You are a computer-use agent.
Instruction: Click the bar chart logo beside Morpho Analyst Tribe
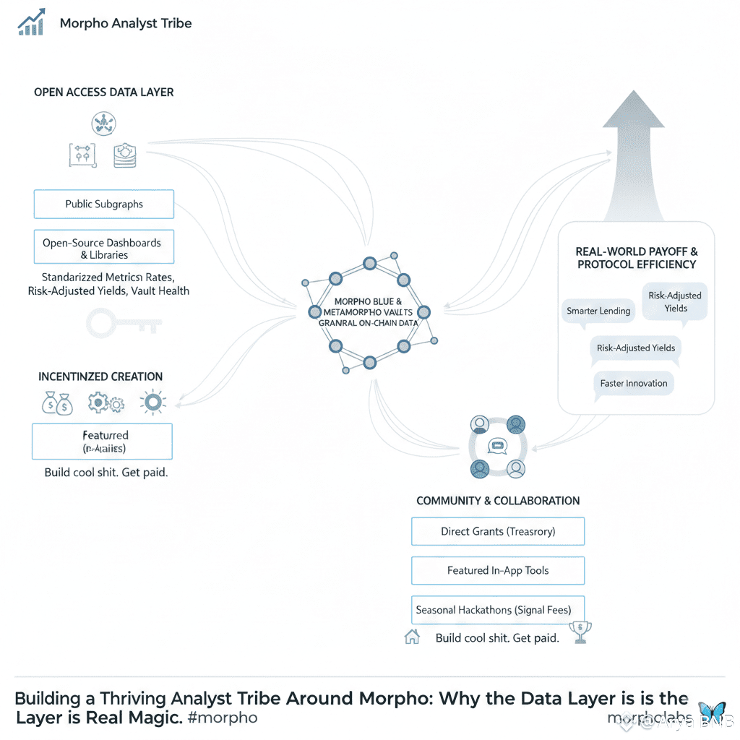coord(31,22)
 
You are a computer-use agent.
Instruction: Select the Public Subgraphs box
coord(104,205)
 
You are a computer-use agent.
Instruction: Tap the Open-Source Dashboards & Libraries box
coord(104,248)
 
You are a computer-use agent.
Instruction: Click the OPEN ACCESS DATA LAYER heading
coord(104,92)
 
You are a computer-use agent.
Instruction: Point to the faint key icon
coord(123,322)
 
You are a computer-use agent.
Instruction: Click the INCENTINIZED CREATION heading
coord(100,377)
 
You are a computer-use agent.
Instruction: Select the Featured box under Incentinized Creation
coord(102,442)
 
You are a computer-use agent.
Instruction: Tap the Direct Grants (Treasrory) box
coord(498,531)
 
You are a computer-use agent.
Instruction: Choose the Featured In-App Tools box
coord(498,570)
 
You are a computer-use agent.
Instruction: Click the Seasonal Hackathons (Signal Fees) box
coord(498,610)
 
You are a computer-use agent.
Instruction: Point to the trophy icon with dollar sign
coord(580,632)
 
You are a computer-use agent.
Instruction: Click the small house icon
coord(412,637)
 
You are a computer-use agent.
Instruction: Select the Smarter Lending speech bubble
coord(598,311)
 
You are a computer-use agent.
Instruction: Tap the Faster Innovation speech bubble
coord(634,383)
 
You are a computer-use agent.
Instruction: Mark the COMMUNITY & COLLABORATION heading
coord(498,501)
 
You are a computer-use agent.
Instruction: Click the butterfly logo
coord(712,712)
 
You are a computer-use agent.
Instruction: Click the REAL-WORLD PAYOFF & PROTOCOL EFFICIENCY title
coord(637,258)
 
